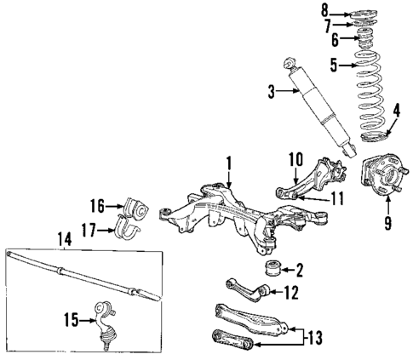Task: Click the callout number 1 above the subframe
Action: [x=228, y=162]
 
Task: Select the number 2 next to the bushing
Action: [x=298, y=271]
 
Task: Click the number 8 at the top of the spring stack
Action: [x=324, y=11]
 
